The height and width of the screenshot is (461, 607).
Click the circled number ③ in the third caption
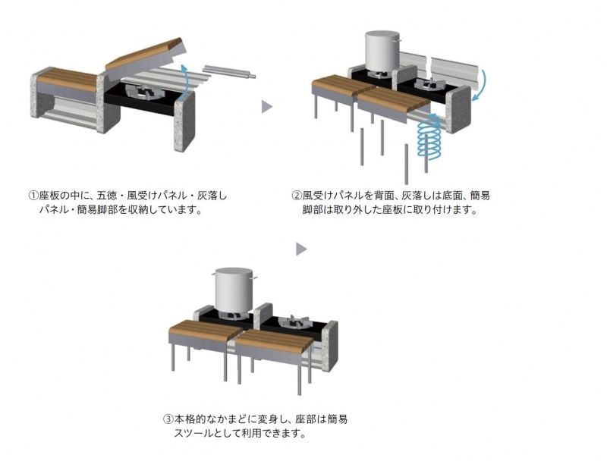pos(168,419)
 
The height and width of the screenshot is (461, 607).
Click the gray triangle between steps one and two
pos(266,107)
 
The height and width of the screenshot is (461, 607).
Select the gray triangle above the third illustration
pos(301,249)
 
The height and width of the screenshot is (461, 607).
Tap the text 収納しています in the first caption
pos(166,209)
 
